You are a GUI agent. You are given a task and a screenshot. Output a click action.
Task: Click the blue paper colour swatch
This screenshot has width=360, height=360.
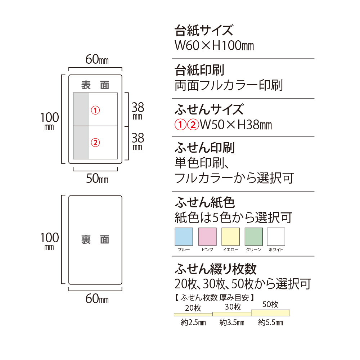[x=184, y=237]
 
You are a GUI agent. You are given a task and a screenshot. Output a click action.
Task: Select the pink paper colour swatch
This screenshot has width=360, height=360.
[x=207, y=237]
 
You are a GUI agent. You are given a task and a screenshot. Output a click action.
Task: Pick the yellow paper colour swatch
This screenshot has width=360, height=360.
[x=230, y=237]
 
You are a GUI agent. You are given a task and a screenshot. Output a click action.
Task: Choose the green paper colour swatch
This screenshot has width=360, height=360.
[x=254, y=237]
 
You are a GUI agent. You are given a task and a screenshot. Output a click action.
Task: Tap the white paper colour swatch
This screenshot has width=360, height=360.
[x=276, y=237]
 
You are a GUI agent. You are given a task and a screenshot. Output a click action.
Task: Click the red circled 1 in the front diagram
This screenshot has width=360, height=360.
[x=95, y=110]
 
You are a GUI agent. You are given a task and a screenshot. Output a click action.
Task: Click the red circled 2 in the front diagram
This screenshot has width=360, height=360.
[x=95, y=143]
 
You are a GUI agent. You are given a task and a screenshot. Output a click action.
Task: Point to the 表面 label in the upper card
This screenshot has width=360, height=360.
[x=95, y=85]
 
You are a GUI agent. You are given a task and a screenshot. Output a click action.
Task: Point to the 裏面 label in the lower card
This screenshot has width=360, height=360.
[x=95, y=239]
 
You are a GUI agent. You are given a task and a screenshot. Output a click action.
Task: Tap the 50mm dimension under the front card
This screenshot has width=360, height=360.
[x=97, y=179]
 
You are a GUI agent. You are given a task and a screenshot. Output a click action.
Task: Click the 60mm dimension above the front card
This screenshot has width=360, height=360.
[x=97, y=59]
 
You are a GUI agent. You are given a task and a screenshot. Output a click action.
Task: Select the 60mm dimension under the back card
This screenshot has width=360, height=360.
[x=97, y=299]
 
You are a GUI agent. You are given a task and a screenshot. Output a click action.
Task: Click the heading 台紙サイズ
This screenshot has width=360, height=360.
[x=204, y=30]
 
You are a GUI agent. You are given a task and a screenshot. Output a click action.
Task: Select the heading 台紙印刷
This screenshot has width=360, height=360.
[x=199, y=70]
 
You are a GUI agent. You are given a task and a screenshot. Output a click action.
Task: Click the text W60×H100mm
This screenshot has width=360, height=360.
[x=214, y=45]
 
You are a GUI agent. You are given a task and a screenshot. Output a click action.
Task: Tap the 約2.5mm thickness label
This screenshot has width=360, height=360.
[x=193, y=322]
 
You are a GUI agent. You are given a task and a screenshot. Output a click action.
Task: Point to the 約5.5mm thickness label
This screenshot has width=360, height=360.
[x=270, y=322]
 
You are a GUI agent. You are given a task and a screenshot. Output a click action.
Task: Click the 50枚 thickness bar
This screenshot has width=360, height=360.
[x=270, y=313]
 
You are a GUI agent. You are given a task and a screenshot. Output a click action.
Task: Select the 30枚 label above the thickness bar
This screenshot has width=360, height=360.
[x=233, y=307]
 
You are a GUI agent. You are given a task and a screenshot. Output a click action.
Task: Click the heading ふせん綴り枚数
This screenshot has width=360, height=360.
[x=216, y=269]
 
